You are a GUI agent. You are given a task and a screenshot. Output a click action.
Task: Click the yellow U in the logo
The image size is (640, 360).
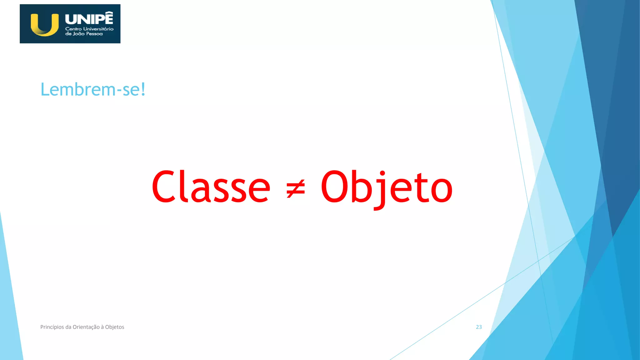click(45, 25)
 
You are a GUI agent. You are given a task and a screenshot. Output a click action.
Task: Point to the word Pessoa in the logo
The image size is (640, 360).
click(94, 34)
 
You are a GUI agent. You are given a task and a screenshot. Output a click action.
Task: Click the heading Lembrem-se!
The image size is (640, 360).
click(93, 90)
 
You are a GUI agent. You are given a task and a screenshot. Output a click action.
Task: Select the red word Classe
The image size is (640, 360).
click(211, 187)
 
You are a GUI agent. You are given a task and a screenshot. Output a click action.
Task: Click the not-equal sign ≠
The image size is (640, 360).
click(295, 188)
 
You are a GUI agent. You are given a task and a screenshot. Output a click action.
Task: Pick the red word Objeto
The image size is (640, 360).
click(387, 187)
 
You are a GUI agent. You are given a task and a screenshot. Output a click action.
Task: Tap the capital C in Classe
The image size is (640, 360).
click(163, 187)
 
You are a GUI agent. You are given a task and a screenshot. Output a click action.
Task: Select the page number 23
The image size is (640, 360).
click(479, 327)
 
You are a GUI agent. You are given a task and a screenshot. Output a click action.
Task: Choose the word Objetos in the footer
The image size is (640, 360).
click(115, 327)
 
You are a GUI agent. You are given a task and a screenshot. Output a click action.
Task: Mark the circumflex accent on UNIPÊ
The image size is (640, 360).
click(108, 12)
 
